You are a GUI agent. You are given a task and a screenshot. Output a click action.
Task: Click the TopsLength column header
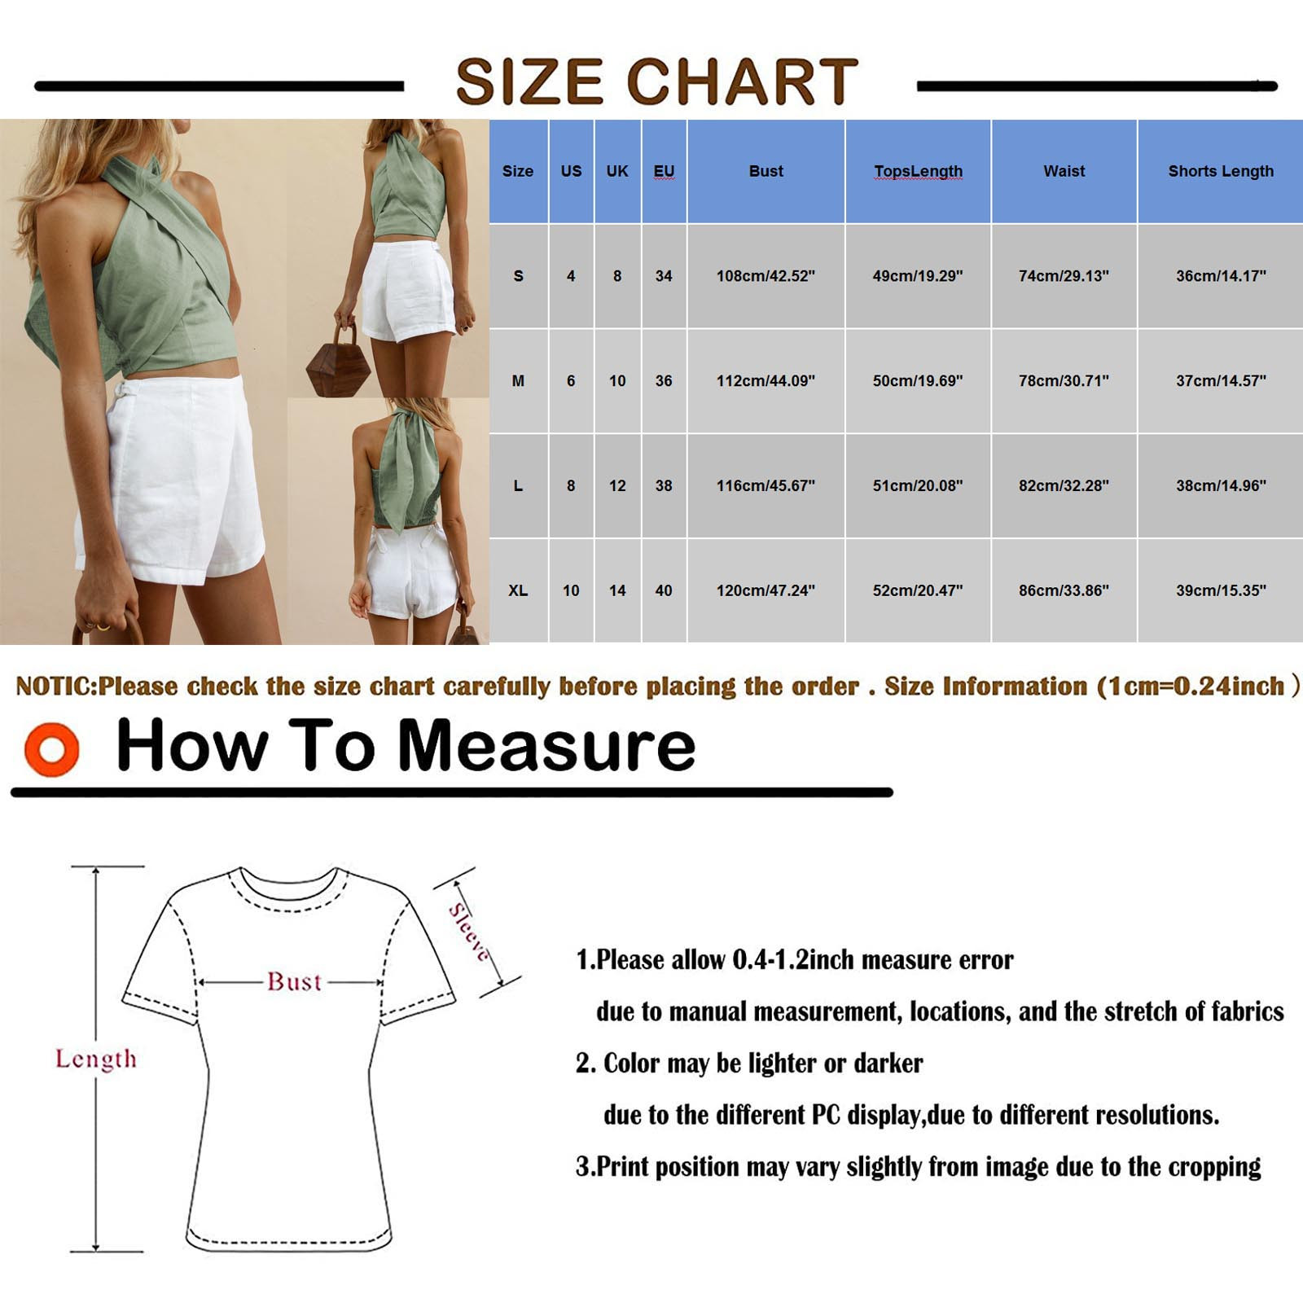click(918, 171)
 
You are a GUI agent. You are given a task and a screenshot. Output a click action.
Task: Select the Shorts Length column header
click(1220, 171)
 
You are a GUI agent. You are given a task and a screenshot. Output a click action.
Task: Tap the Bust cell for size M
click(766, 380)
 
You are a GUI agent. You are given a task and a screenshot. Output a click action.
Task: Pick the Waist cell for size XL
click(1064, 590)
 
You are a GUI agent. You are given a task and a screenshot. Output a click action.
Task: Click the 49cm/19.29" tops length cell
click(918, 276)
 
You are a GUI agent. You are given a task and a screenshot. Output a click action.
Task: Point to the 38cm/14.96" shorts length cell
click(1220, 485)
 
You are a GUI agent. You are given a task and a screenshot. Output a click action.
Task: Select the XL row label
click(518, 590)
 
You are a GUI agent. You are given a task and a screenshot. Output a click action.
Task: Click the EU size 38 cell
click(664, 485)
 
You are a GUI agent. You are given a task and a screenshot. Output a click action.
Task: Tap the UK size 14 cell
click(617, 590)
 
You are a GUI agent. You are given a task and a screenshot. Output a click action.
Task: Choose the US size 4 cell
click(571, 276)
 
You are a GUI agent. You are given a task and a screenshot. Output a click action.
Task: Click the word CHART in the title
click(742, 81)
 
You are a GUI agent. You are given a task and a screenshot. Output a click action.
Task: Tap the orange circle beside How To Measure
click(52, 748)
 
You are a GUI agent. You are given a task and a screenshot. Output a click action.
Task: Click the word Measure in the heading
click(546, 745)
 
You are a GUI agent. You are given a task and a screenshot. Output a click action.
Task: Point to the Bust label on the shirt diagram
click(294, 981)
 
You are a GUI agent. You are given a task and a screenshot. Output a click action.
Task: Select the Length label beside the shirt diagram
click(96, 1059)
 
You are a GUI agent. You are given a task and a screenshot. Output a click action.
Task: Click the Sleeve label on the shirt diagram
click(470, 932)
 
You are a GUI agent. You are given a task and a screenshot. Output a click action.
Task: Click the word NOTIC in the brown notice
click(55, 687)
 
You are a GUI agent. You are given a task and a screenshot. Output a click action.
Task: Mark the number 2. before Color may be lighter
click(586, 1064)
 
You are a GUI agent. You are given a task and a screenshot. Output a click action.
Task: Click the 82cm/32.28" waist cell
click(1064, 485)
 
